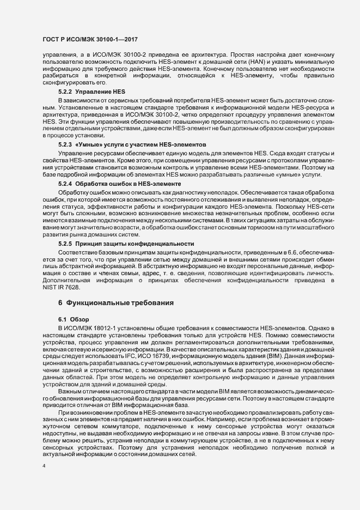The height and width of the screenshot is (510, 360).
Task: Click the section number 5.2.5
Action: click(65, 241)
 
